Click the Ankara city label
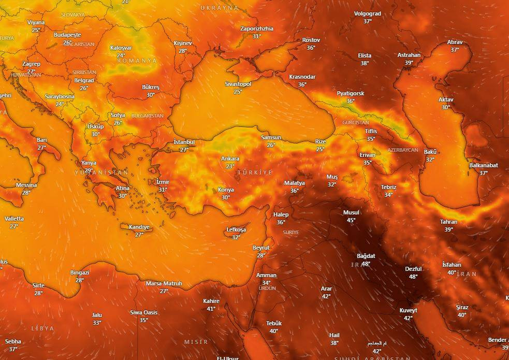pyautogui.click(x=230, y=159)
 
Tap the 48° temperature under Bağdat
pyautogui.click(x=366, y=264)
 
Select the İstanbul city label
pyautogui.click(x=184, y=142)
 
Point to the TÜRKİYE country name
pyautogui.click(x=254, y=172)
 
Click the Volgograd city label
pyautogui.click(x=367, y=13)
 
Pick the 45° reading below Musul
pyautogui.click(x=351, y=220)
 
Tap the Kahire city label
pyautogui.click(x=211, y=301)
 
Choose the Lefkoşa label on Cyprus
pyautogui.click(x=236, y=229)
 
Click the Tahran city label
pyautogui.click(x=448, y=222)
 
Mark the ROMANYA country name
pyautogui.click(x=137, y=61)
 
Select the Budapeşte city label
pyautogui.click(x=67, y=35)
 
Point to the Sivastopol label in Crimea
pyautogui.click(x=238, y=84)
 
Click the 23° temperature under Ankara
pyautogui.click(x=230, y=166)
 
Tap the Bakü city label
pyautogui.click(x=430, y=152)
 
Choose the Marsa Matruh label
pyautogui.click(x=164, y=283)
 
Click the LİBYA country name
pyautogui.click(x=42, y=328)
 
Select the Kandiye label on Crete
pyautogui.click(x=139, y=227)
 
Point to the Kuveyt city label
pyautogui.click(x=408, y=310)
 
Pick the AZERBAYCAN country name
pyautogui.click(x=402, y=150)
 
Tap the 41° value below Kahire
pyautogui.click(x=211, y=309)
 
